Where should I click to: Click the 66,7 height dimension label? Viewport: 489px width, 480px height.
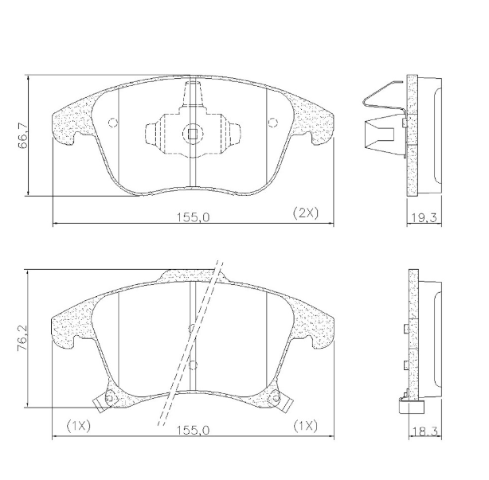(x=24, y=135)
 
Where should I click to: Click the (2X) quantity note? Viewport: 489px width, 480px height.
(x=305, y=213)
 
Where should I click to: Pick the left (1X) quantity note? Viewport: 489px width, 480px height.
(x=79, y=426)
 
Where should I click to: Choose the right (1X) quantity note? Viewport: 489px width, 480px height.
(x=305, y=426)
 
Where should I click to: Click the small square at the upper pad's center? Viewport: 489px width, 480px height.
(x=191, y=134)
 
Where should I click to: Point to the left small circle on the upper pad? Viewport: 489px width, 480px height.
(x=112, y=123)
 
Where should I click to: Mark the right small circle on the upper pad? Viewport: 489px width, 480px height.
(x=271, y=123)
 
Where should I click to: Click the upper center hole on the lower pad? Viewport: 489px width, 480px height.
(x=191, y=327)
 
